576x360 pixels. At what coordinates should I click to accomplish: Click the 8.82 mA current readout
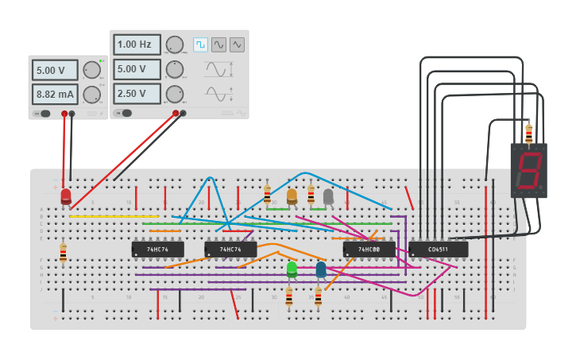55,95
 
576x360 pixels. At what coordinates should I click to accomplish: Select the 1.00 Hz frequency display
137,45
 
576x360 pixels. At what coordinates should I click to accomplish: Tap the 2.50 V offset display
137,94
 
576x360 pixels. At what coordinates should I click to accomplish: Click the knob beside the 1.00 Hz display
175,45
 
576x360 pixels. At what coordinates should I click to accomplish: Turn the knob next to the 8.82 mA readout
92,95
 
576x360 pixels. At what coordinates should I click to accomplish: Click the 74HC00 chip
369,250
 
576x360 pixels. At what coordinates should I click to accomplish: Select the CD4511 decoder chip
438,250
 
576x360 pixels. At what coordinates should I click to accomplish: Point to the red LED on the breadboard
66,195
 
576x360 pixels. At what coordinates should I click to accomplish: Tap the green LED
292,269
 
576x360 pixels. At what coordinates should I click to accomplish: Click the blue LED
321,269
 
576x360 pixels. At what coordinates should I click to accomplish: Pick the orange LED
292,195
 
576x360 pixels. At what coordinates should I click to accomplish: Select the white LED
328,195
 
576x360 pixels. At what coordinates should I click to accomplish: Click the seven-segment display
528,170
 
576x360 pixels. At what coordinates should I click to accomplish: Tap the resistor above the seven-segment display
528,133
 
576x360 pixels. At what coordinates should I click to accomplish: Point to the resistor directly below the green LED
288,296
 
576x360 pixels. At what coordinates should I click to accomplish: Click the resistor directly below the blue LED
318,296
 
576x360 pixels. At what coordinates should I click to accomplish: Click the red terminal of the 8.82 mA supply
64,114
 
